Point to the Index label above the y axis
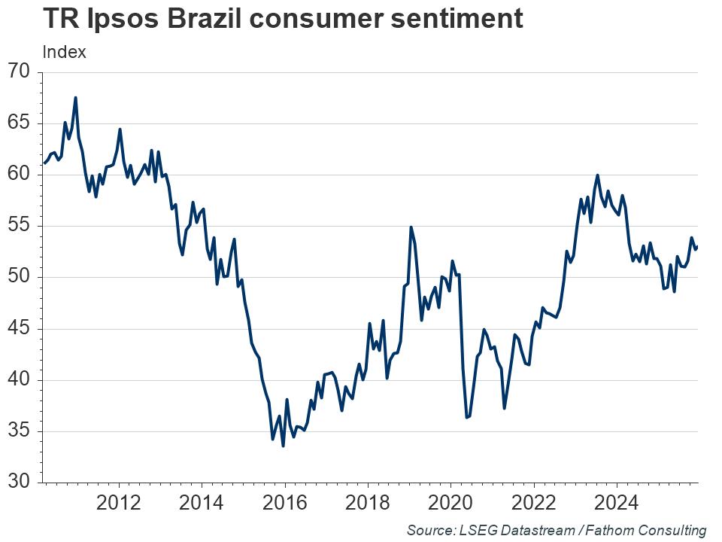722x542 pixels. [x=65, y=53]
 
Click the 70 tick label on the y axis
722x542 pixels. [x=20, y=72]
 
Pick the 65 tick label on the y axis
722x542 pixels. [x=20, y=123]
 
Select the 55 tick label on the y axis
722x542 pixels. [x=20, y=226]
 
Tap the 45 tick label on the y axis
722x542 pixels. [x=20, y=328]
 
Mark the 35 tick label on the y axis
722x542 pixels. [x=20, y=431]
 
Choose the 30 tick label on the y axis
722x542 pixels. [x=20, y=482]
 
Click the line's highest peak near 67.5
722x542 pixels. [x=75, y=97]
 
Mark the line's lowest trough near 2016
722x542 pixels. [x=283, y=446]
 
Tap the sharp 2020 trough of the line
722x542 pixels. [x=466, y=417]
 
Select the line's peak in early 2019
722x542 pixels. [x=411, y=227]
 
